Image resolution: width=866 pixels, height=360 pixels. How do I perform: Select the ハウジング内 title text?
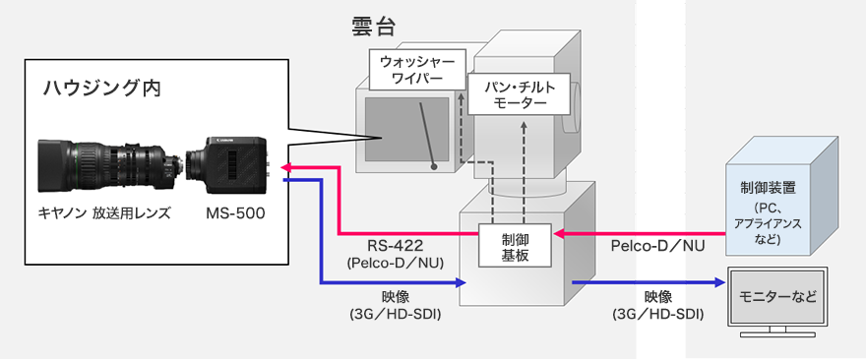101,89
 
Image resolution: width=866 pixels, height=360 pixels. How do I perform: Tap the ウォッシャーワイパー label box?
412,70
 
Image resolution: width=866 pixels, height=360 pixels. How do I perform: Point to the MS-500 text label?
235,213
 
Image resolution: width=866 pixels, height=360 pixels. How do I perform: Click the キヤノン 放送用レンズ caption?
104,213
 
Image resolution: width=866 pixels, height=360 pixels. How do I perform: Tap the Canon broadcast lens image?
108,164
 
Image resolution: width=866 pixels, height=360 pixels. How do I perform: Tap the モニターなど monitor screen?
777,294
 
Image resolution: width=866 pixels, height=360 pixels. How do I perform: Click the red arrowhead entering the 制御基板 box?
561,234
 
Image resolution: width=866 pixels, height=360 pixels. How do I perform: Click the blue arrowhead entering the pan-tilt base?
459,282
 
